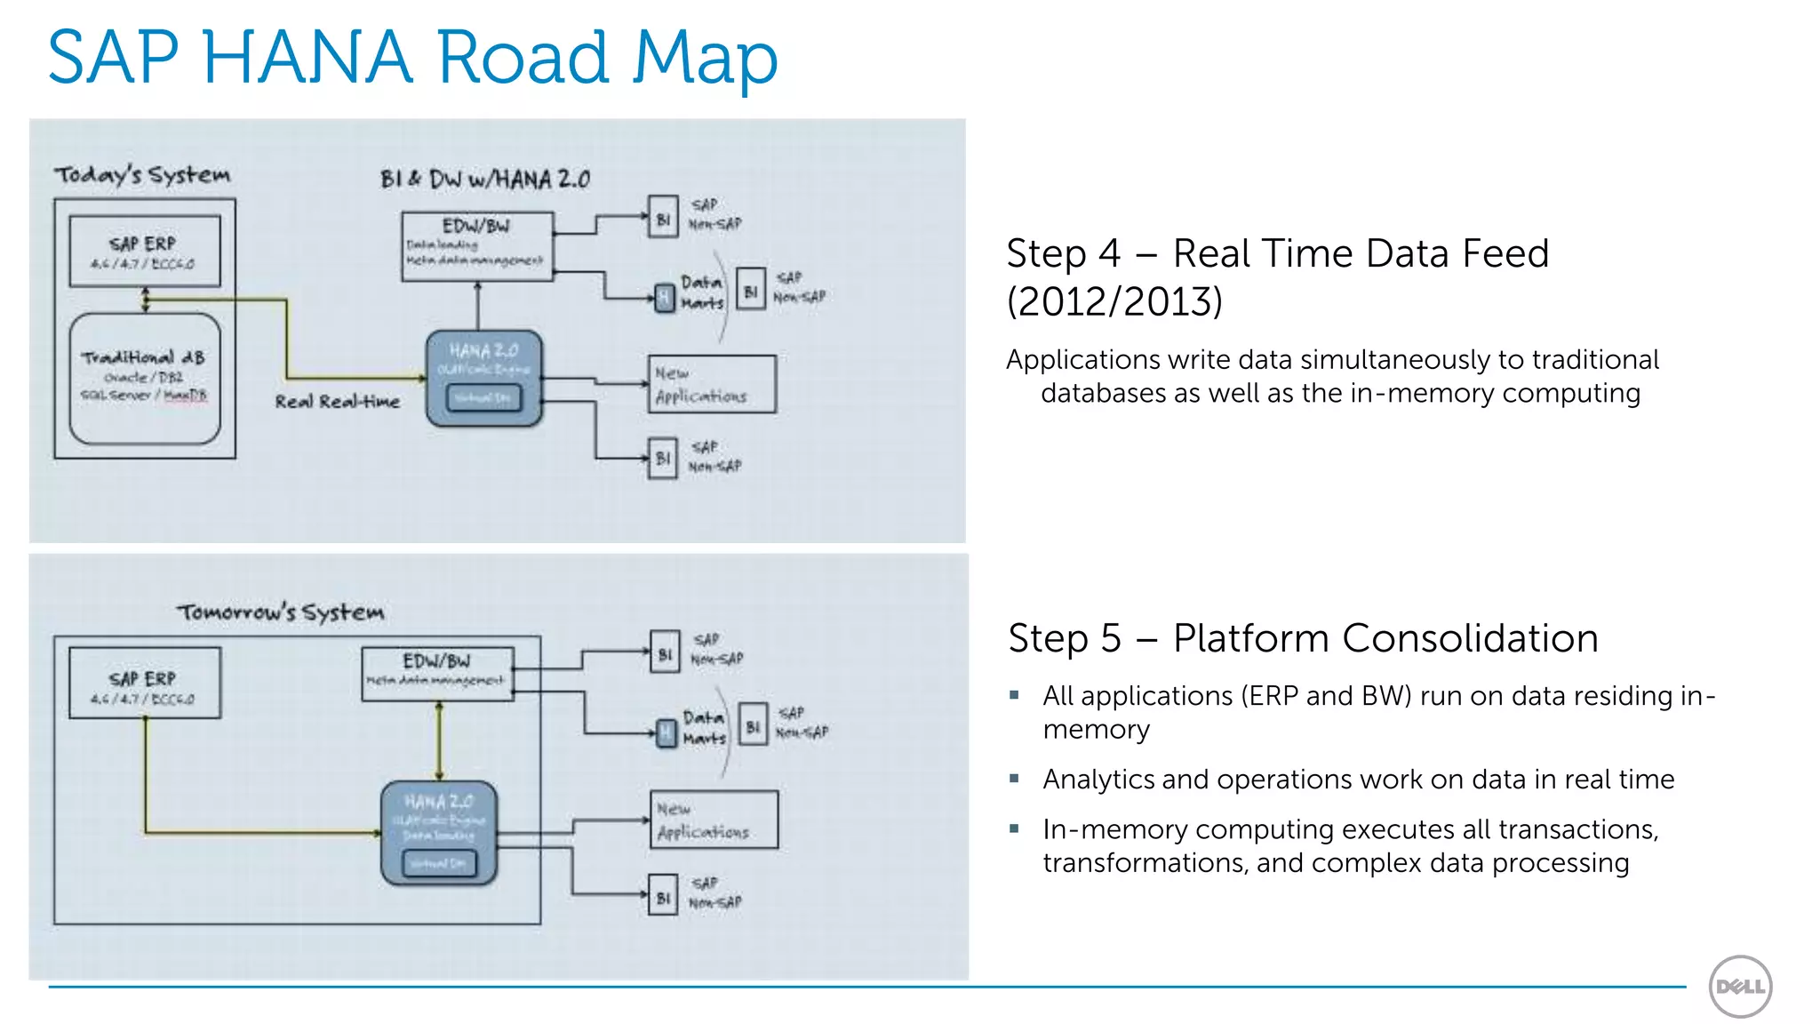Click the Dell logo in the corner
pyautogui.click(x=1740, y=986)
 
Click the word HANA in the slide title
pyautogui.click(x=307, y=58)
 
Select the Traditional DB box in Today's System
pyautogui.click(x=145, y=378)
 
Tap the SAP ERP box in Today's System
pyautogui.click(x=144, y=251)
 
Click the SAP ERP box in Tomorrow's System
pyautogui.click(x=144, y=683)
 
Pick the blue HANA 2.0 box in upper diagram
pyautogui.click(x=484, y=378)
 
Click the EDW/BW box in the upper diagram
pyautogui.click(x=477, y=246)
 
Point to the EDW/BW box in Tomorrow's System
pyautogui.click(x=437, y=674)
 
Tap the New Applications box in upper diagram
pyautogui.click(x=712, y=384)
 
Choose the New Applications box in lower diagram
pyautogui.click(x=714, y=820)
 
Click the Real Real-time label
pyautogui.click(x=337, y=402)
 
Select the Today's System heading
pyautogui.click(x=142, y=175)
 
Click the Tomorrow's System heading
pyautogui.click(x=281, y=612)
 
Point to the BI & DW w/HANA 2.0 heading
pyautogui.click(x=485, y=180)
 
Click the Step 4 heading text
pyautogui.click(x=1277, y=254)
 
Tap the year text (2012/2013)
pyautogui.click(x=1114, y=302)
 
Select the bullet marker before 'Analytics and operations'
pyautogui.click(x=1014, y=779)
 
